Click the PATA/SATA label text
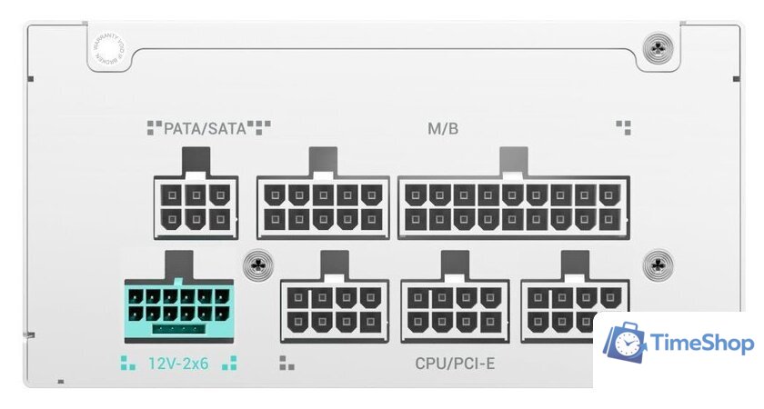tap(206, 128)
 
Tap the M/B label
tap(443, 128)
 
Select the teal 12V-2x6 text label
tap(178, 364)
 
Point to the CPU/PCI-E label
tap(455, 364)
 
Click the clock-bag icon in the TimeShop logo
tap(626, 344)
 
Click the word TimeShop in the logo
tap(702, 344)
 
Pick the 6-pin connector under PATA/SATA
tap(196, 206)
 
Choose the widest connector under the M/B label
tap(513, 206)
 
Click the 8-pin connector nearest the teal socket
tap(335, 310)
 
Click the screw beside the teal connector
tap(259, 264)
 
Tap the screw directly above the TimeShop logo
tap(657, 264)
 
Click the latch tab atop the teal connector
tap(178, 265)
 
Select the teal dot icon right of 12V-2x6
tap(228, 364)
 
